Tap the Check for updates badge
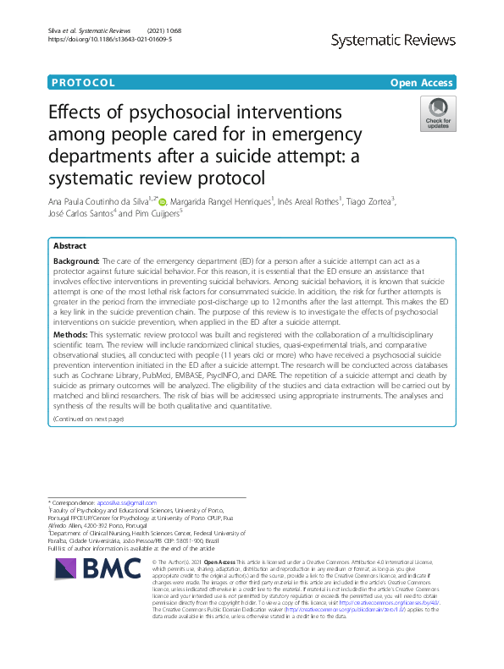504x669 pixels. (438, 112)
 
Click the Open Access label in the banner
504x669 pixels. (422, 82)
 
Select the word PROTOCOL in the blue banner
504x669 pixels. (83, 82)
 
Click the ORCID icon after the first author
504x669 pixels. (163, 201)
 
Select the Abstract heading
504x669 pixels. (69, 245)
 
